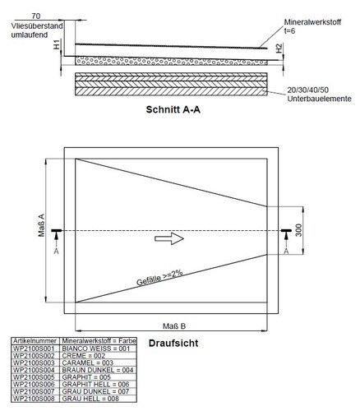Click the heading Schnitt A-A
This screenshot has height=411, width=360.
tap(173, 109)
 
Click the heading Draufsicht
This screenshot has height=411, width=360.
tap(173, 344)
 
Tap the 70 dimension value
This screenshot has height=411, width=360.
tap(36, 16)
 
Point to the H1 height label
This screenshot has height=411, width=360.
tap(57, 44)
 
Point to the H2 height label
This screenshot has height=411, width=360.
tap(279, 48)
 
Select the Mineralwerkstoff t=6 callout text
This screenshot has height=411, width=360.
tap(312, 26)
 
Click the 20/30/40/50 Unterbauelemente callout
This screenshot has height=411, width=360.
tap(319, 95)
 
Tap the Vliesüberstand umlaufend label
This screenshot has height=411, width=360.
tap(37, 30)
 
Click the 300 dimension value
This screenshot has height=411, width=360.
tap(298, 230)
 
